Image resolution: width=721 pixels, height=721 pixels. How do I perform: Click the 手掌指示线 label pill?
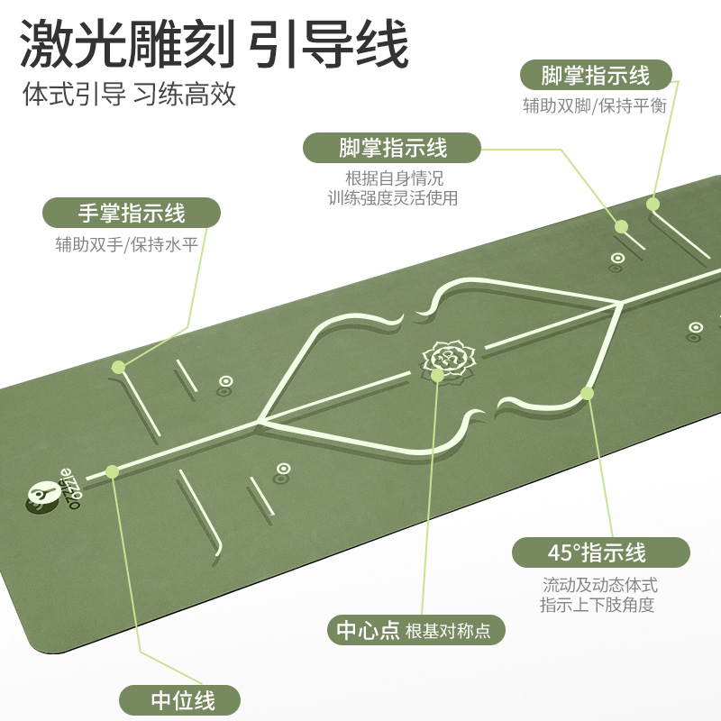click(x=132, y=213)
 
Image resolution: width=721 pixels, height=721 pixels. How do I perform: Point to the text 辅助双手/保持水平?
click(x=125, y=244)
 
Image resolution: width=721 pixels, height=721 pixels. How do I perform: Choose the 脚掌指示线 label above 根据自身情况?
click(x=393, y=147)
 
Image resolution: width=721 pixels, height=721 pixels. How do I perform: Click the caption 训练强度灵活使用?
click(x=393, y=198)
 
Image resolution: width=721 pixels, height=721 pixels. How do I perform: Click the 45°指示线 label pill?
click(x=600, y=552)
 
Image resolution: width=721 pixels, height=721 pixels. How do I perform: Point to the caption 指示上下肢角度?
click(x=598, y=605)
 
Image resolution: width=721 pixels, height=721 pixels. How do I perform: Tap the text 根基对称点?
click(x=448, y=631)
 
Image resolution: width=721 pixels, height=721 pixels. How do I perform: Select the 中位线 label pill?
click(x=180, y=699)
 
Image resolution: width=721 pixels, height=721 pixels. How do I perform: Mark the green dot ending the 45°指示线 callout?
click(x=588, y=392)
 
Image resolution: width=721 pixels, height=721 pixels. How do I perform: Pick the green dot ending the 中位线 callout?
click(x=113, y=470)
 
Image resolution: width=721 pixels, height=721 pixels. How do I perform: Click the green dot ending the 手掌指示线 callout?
click(x=118, y=367)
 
